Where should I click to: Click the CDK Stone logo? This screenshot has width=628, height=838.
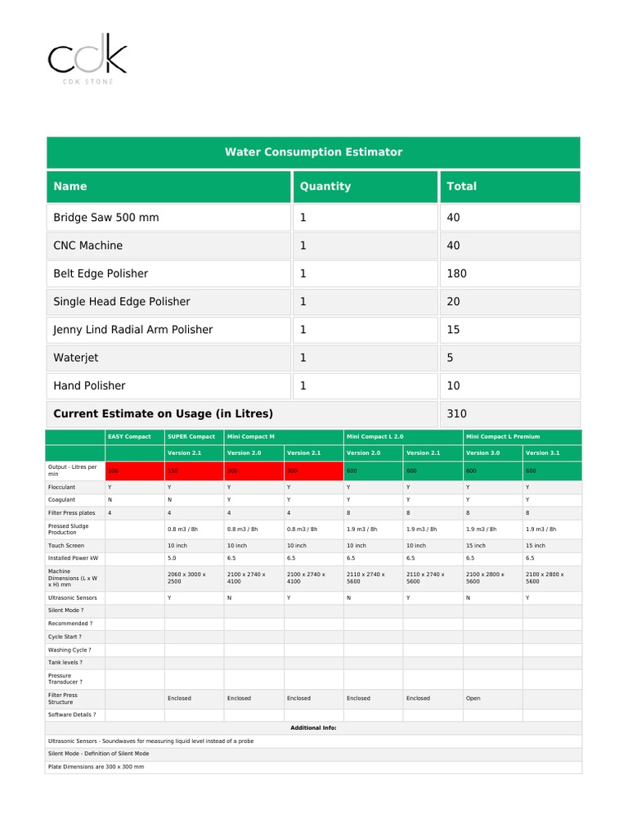coord(87,59)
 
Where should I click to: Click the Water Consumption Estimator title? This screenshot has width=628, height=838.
coord(313,152)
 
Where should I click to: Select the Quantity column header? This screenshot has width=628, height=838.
coord(325,187)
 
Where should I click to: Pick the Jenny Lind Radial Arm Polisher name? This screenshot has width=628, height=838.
coord(132,330)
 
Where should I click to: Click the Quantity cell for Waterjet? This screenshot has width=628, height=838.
coord(303,358)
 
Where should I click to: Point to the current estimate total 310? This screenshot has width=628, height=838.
coord(456,414)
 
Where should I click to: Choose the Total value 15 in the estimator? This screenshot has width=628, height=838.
coord(453,330)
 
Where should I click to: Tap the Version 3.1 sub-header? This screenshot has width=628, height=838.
coord(542,453)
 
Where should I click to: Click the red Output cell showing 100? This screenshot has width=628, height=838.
coord(114,471)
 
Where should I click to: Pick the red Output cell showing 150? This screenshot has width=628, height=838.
coord(173,471)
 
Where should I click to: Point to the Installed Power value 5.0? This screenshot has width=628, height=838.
coord(173,558)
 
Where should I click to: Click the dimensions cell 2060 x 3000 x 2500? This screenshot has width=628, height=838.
coord(186,578)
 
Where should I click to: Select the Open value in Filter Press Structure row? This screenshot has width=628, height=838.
coord(473,698)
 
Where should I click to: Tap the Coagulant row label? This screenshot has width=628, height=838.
coord(62,499)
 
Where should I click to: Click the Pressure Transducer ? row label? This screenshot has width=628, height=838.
coord(65,678)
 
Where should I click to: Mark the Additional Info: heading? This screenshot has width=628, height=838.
coord(313,728)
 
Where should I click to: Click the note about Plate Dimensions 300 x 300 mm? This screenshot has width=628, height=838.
coord(96,767)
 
